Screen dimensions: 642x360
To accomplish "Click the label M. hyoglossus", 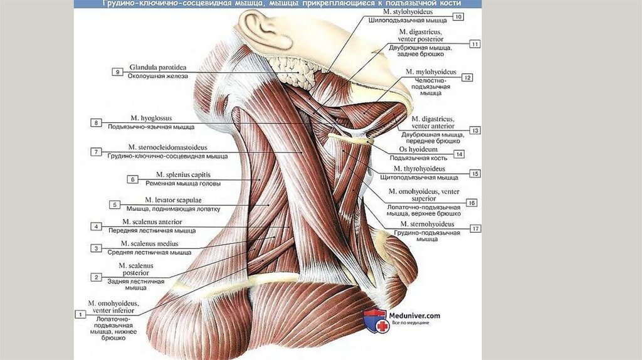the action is [151, 118].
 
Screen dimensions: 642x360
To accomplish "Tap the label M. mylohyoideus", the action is [433, 71].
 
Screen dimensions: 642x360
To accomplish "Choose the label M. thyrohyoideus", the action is [419, 169].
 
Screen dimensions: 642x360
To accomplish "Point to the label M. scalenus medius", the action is [150, 243].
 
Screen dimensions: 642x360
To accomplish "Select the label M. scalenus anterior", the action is [152, 222].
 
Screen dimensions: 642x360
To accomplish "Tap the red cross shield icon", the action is [374, 320].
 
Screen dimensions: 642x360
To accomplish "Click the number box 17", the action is [475, 228].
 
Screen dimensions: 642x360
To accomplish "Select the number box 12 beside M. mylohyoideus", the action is [467, 77].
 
